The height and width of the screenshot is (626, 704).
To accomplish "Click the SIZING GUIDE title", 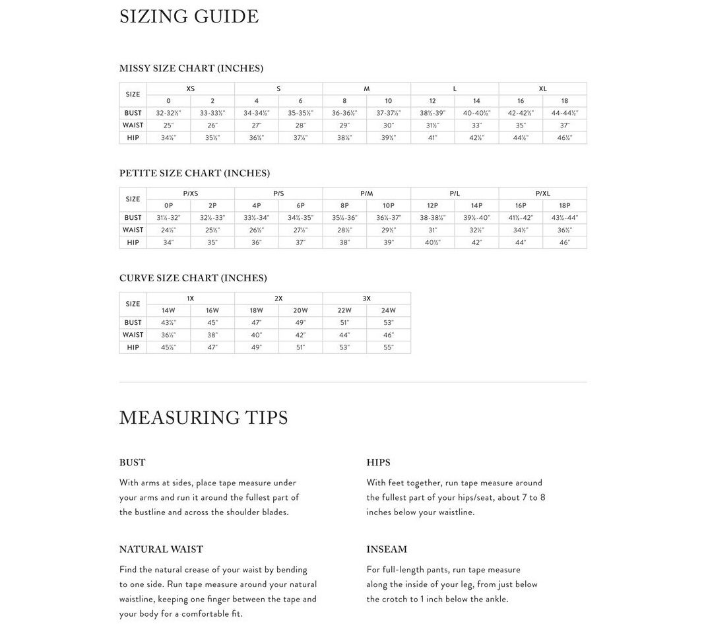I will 189,17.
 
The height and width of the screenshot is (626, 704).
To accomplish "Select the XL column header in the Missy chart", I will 542,88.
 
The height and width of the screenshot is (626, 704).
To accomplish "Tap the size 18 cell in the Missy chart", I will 564,101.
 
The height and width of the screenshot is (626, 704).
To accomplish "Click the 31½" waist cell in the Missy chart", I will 432,125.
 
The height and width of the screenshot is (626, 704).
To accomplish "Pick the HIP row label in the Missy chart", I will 133,138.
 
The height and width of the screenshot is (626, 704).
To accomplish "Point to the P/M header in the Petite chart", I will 366,193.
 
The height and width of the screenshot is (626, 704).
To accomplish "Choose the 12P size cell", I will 432,206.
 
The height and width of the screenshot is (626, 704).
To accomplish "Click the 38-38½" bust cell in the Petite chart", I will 432,218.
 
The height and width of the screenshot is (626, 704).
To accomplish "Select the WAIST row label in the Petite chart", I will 133,230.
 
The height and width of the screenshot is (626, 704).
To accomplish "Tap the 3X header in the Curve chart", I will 366,298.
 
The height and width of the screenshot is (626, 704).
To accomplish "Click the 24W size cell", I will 388,311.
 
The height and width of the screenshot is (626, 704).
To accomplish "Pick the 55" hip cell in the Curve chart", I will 388,347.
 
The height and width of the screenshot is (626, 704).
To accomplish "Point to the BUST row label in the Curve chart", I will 133,323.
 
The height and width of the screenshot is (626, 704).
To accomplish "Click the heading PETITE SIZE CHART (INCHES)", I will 195,173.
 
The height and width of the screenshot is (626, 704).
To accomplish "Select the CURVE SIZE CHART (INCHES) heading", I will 193,278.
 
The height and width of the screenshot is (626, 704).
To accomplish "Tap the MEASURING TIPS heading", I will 203,418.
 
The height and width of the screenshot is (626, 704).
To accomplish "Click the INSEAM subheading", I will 387,549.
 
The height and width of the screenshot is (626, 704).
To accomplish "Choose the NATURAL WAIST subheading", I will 161,549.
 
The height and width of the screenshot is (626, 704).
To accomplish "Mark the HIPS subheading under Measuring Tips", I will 378,462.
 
